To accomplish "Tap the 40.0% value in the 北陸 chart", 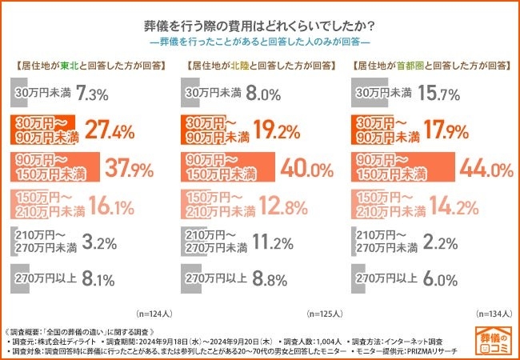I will pos(307,169).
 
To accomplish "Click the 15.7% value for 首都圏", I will pos(442,94).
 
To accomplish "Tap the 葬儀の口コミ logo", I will pos(490,340).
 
